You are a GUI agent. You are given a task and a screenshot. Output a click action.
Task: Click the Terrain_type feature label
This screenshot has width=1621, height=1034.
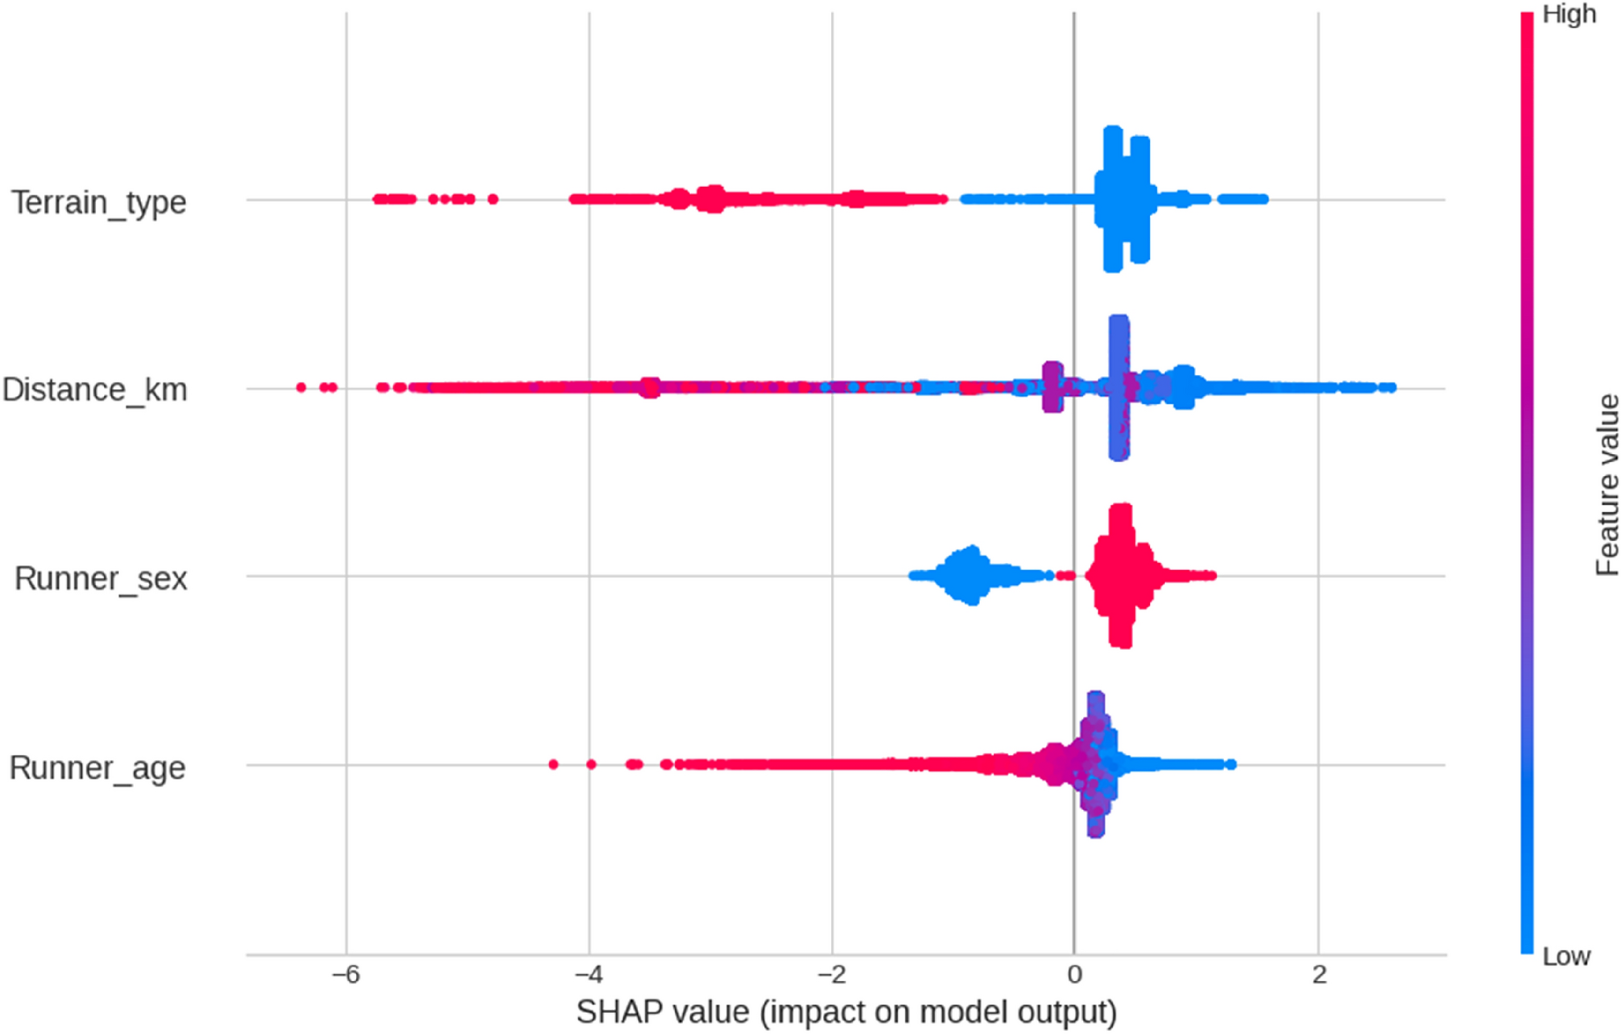(98, 202)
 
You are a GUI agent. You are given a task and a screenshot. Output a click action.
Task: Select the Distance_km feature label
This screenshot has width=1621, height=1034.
(95, 390)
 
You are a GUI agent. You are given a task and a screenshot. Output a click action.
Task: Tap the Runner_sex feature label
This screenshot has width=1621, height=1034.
(101, 578)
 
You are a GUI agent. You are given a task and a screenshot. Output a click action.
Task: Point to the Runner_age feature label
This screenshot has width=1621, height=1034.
(97, 767)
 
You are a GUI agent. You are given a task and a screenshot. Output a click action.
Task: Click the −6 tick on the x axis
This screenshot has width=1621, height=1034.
(346, 975)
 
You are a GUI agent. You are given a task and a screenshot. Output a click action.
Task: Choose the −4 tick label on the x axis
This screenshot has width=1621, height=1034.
(589, 975)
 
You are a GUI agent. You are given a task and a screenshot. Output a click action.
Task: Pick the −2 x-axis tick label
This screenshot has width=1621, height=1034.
(832, 975)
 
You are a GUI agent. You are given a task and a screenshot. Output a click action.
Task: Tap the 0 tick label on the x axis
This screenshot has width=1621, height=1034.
(1074, 975)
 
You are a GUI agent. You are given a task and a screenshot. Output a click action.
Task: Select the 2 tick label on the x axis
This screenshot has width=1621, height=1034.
(1318, 975)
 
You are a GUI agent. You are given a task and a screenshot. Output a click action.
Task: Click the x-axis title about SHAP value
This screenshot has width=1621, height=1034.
(846, 1012)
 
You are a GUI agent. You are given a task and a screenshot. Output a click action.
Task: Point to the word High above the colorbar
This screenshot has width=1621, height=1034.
(1569, 14)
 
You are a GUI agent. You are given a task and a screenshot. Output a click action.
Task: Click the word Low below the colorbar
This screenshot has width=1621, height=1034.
(1566, 957)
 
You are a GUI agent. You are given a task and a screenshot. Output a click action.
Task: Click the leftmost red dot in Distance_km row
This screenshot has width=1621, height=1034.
(301, 387)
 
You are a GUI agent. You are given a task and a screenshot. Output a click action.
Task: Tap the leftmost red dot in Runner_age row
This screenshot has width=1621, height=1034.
(553, 764)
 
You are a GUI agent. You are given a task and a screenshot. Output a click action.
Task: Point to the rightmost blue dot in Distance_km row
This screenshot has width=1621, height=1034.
(1391, 387)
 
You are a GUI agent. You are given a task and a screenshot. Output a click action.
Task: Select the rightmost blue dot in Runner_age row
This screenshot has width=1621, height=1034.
(1230, 764)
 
